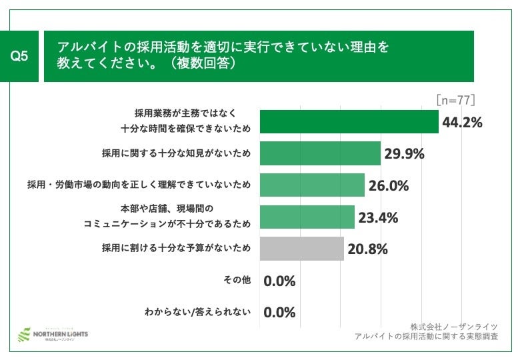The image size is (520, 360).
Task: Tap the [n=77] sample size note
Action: [455, 100]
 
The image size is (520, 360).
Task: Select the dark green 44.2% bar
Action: [349, 121]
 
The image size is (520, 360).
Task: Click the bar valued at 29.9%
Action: [319, 153]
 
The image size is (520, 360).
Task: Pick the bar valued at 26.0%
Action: [311, 185]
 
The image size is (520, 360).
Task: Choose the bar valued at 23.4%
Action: [307, 217]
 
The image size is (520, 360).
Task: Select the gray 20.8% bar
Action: [301, 249]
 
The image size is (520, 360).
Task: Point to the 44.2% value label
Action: [462, 122]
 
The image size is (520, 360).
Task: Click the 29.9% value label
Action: [405, 154]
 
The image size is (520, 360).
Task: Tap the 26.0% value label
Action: [388, 185]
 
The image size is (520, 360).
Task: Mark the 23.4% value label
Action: [378, 217]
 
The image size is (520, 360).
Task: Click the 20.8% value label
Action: [367, 249]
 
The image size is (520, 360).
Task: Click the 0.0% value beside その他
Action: [279, 281]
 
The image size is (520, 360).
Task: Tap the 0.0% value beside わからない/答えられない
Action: [279, 312]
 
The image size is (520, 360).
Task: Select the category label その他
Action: [237, 280]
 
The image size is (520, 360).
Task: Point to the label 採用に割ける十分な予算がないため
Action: [176, 249]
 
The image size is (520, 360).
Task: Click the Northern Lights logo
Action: [53, 333]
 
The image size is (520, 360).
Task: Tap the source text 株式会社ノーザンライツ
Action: [454, 326]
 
